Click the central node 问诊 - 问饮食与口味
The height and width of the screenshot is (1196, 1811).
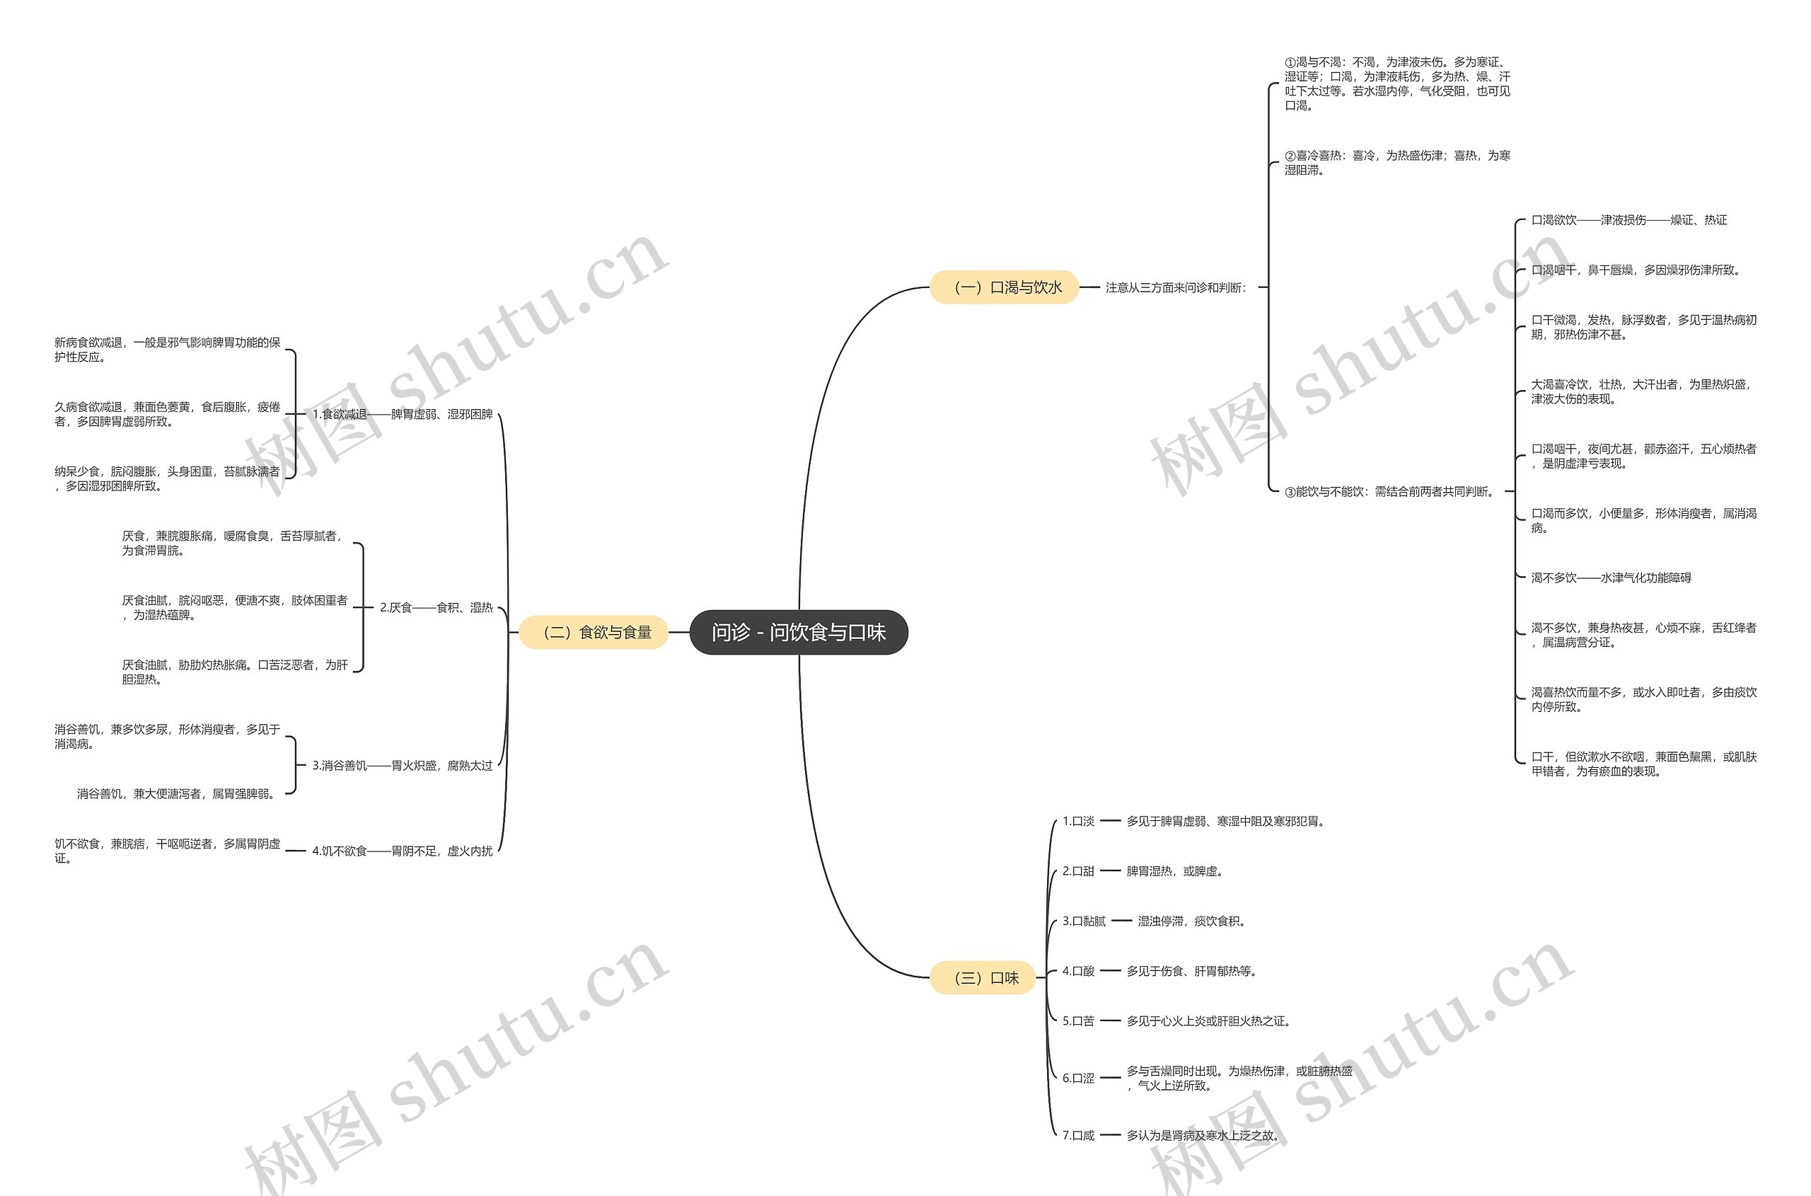[799, 633]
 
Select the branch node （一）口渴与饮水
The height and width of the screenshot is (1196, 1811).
[1005, 287]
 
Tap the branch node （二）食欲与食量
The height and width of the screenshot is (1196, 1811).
[594, 633]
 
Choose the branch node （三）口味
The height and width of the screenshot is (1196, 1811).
[982, 978]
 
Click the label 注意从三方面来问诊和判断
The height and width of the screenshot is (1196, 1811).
[1175, 287]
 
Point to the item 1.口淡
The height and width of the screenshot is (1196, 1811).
[1077, 822]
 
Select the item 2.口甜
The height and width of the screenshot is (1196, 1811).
[1077, 871]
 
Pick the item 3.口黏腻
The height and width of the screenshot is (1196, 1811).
[1084, 921]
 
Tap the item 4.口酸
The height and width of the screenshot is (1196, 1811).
[1077, 971]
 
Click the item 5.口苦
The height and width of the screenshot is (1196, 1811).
[1077, 1020]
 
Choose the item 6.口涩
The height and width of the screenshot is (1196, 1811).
[1077, 1078]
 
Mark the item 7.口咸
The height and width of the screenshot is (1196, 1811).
[1077, 1135]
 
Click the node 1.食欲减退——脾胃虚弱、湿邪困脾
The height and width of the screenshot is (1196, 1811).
[403, 414]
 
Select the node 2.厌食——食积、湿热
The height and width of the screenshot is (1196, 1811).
[436, 608]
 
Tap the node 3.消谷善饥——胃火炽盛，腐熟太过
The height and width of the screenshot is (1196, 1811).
[403, 765]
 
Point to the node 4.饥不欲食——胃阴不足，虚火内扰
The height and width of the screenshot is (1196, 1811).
[403, 851]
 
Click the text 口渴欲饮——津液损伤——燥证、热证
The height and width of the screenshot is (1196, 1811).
[1628, 220]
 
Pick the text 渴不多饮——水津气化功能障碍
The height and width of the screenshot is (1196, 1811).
[1611, 578]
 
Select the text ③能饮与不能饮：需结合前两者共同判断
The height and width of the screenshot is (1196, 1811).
[1389, 492]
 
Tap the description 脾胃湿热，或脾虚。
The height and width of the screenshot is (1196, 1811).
[1174, 871]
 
